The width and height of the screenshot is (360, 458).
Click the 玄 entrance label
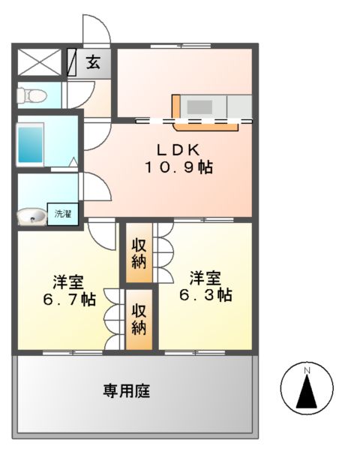pos(94,63)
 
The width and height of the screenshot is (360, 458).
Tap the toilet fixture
pos(31,95)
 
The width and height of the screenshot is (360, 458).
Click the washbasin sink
pos(31,216)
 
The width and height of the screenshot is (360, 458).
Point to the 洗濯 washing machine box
pos(61,215)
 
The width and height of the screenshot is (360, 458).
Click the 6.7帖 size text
pos(68,299)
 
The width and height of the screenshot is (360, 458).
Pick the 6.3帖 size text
pos(204,294)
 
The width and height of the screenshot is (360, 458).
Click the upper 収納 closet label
pos(139,253)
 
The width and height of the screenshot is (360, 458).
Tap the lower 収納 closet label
pos(139,319)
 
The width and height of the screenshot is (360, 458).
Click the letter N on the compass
pos(307,370)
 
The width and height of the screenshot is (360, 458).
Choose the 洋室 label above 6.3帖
pos(204,277)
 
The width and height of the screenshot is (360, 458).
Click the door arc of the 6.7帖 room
pos(102,231)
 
